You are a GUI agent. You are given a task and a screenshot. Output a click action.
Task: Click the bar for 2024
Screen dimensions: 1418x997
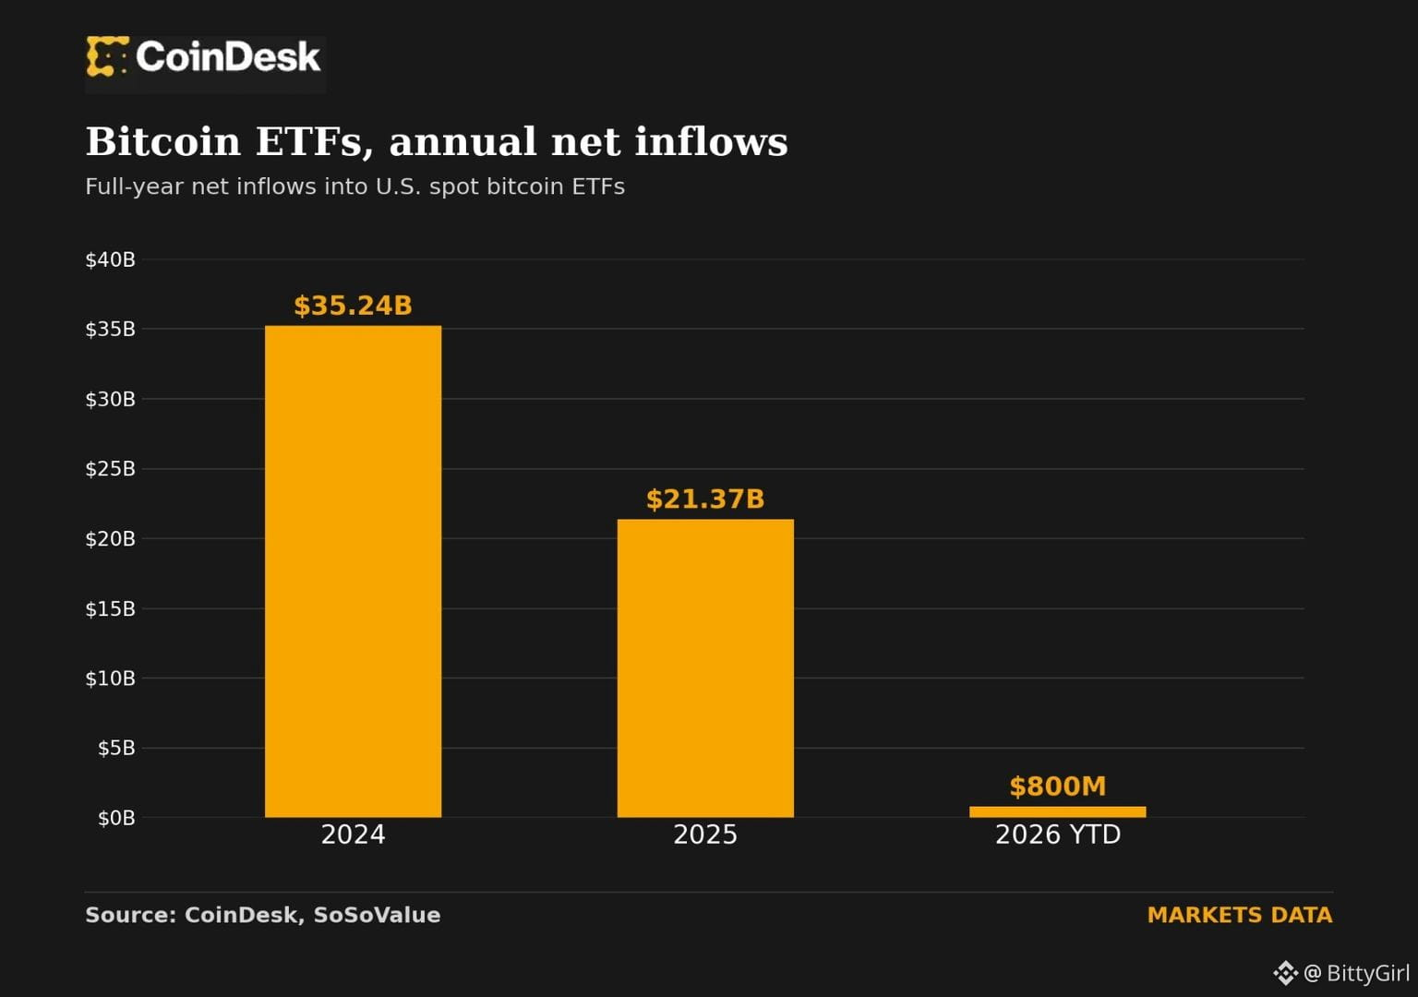[354, 571]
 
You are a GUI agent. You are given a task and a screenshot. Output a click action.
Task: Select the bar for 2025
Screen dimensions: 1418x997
[705, 667]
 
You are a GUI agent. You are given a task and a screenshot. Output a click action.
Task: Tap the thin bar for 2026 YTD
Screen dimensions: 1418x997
[1058, 811]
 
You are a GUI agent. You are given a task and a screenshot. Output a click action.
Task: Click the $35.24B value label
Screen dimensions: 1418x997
[354, 306]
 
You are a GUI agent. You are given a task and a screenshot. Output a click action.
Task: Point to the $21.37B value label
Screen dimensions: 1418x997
[705, 498]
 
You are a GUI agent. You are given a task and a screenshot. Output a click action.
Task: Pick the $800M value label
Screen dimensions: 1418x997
[1058, 787]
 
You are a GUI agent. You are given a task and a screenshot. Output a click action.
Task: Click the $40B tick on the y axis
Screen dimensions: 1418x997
[110, 259]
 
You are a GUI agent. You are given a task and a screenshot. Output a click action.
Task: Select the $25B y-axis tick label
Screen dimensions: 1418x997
[110, 469]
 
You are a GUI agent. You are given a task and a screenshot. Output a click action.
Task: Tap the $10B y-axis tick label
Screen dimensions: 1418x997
[110, 679]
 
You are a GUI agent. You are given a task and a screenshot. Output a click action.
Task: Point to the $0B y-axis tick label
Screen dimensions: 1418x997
[116, 818]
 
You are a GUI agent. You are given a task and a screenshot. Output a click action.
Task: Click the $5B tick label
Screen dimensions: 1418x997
[116, 749]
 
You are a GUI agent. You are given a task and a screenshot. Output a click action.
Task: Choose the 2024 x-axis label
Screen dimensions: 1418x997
[354, 835]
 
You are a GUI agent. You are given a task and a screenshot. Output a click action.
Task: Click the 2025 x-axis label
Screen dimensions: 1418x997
[705, 835]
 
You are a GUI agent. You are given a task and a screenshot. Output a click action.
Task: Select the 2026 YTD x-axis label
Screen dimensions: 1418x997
[1058, 835]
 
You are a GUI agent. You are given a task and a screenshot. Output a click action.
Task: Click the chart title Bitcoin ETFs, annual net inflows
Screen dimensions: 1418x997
[437, 141]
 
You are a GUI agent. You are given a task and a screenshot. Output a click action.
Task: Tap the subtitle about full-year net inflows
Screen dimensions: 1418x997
[355, 186]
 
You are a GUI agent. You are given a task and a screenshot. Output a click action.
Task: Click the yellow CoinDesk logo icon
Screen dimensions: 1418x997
[108, 56]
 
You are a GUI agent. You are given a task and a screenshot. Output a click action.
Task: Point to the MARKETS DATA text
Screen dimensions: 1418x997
[1240, 915]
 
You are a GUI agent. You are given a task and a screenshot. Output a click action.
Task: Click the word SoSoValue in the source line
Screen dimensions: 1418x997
[377, 915]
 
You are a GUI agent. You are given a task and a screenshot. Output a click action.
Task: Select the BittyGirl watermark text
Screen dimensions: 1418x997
[1368, 972]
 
